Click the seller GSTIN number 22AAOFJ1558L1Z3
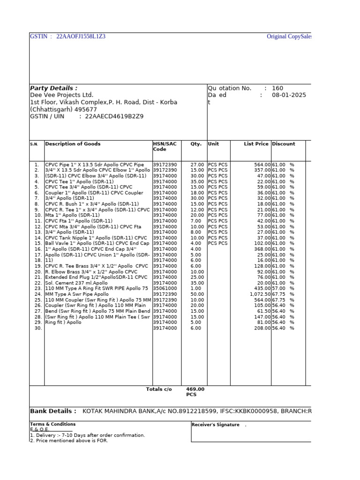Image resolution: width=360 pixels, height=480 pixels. point(81,37)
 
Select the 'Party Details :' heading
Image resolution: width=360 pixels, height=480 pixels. point(53,88)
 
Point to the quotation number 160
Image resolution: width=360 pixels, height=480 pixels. point(277,88)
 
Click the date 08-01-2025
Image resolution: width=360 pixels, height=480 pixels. point(289,95)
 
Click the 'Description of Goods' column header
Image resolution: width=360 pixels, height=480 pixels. point(73,144)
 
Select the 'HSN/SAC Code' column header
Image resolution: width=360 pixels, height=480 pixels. point(165,147)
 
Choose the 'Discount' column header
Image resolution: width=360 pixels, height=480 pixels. point(284,144)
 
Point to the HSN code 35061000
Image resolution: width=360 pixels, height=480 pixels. point(165,289)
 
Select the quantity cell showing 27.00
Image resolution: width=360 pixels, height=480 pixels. point(197,165)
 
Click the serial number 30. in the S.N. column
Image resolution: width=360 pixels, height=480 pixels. point(37,328)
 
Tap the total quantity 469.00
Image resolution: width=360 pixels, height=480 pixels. point(195,390)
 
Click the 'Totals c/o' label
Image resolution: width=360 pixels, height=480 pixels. point(159,390)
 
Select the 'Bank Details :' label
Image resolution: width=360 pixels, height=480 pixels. point(53,411)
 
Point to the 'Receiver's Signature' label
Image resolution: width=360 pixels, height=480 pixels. point(216,425)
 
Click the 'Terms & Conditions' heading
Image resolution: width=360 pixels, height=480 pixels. point(52,424)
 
